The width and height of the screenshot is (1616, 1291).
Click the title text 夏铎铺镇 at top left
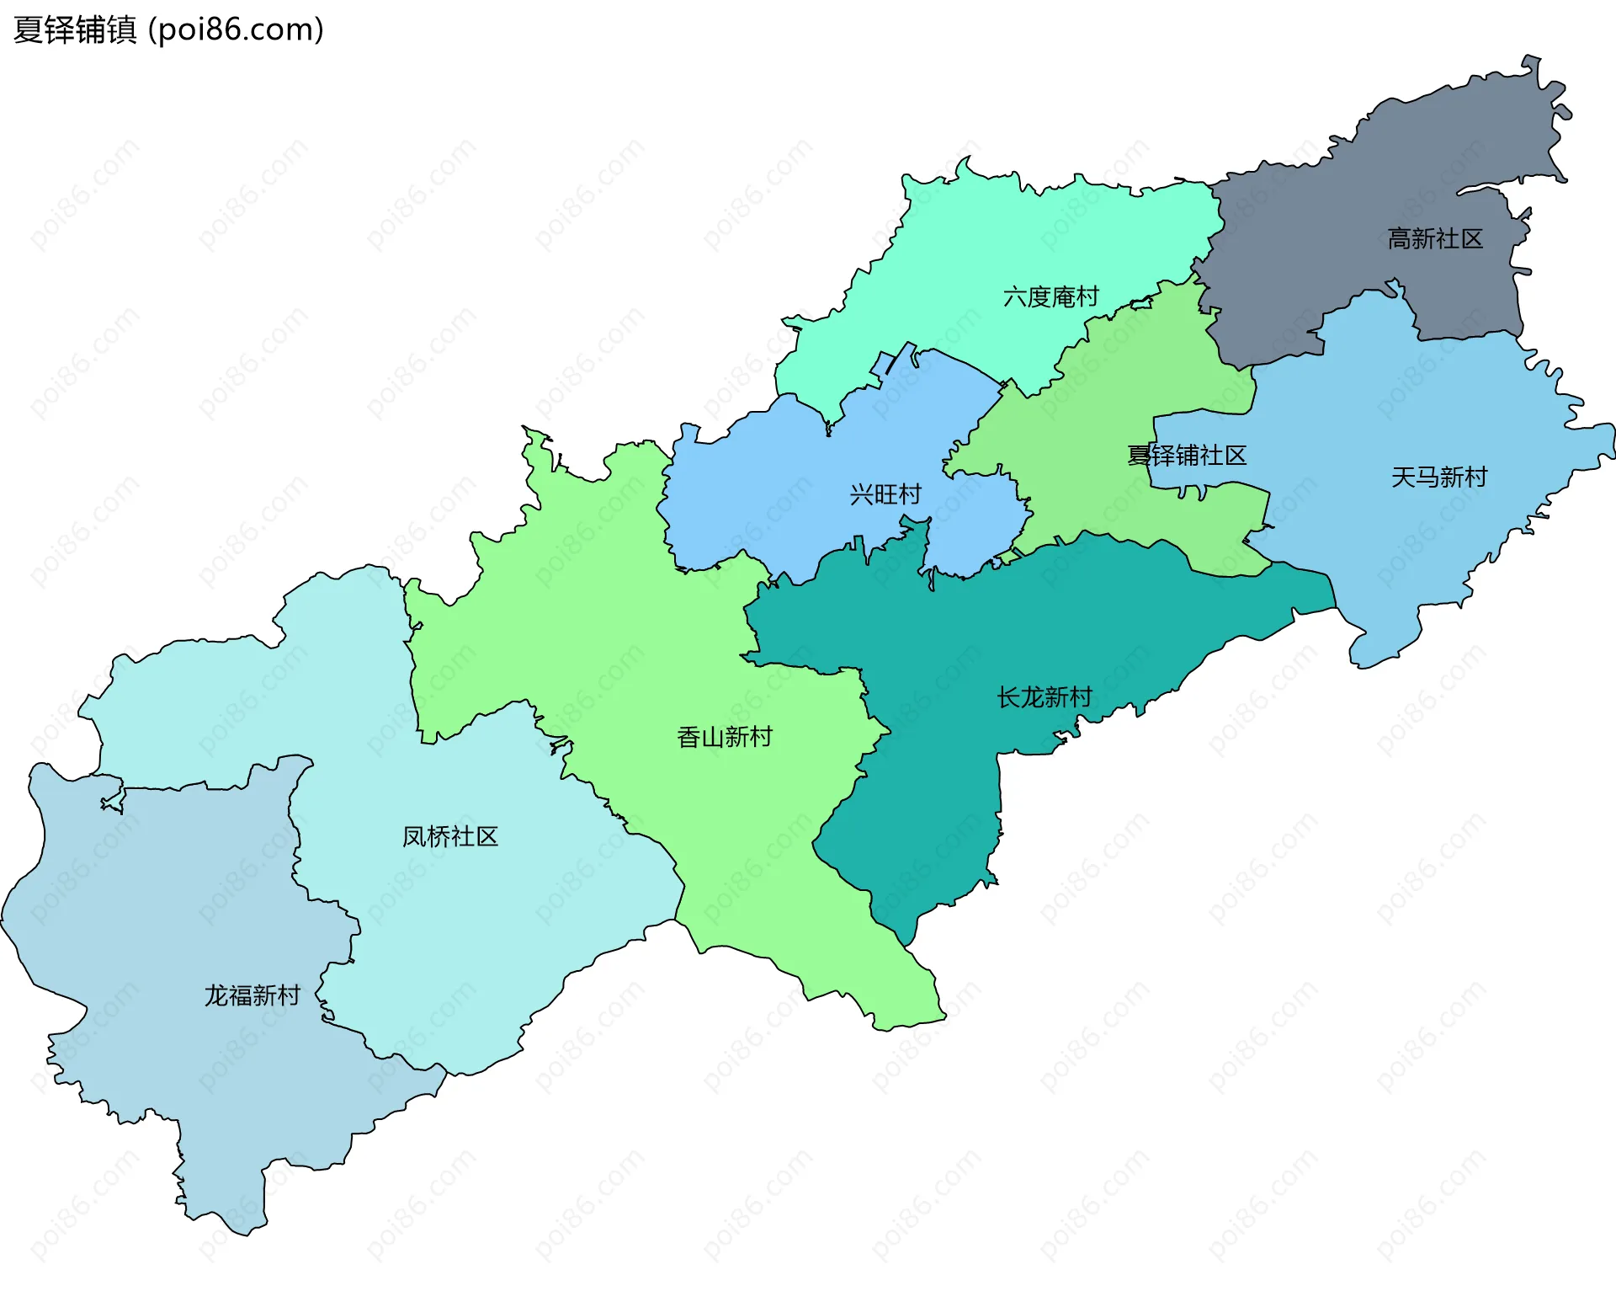(x=75, y=30)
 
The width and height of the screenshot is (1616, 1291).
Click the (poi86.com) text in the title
(x=236, y=30)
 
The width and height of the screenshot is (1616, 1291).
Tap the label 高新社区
(x=1435, y=239)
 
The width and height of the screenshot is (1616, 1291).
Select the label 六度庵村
(x=1050, y=297)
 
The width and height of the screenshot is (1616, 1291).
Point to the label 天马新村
(x=1438, y=477)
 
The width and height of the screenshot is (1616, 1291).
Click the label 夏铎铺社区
(x=1187, y=456)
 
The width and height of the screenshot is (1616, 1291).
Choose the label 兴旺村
(x=885, y=494)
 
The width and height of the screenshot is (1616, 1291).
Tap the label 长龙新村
(x=1044, y=697)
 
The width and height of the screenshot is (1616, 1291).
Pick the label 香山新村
(x=724, y=738)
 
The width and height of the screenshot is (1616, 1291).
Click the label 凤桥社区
(x=449, y=837)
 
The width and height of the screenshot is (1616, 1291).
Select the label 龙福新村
(x=252, y=996)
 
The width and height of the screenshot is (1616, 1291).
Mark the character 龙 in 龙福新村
(x=216, y=996)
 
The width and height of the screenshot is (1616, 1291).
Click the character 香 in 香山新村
(x=688, y=738)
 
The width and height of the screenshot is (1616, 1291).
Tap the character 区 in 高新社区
(x=1471, y=239)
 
